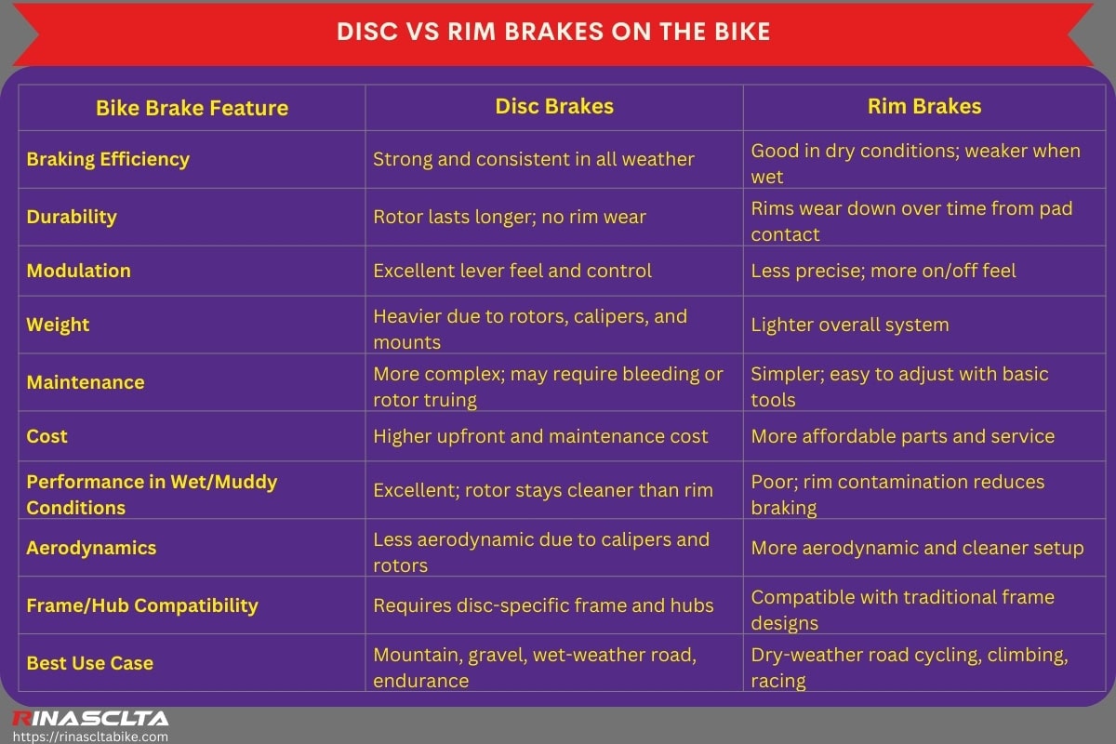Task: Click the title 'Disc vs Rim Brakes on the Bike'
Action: pyautogui.click(x=553, y=32)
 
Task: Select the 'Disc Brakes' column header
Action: pyautogui.click(x=554, y=106)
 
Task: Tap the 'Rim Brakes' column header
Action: pyautogui.click(x=923, y=106)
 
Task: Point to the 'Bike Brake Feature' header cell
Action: pyautogui.click(x=192, y=108)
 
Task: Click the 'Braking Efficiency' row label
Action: pyautogui.click(x=108, y=159)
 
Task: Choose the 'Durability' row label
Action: pyautogui.click(x=72, y=217)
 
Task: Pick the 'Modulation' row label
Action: pyautogui.click(x=78, y=271)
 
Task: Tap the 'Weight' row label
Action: pyautogui.click(x=58, y=325)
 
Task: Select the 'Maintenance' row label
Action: pyautogui.click(x=86, y=382)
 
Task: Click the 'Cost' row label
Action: pyautogui.click(x=47, y=436)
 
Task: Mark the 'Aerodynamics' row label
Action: pyautogui.click(x=91, y=548)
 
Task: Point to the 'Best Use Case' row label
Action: pyautogui.click(x=90, y=663)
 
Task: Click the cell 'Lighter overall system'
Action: pyautogui.click(x=850, y=325)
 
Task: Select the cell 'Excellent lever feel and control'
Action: pyautogui.click(x=512, y=271)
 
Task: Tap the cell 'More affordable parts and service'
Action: pyautogui.click(x=902, y=436)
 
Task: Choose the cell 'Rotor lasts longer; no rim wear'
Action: pyautogui.click(x=510, y=217)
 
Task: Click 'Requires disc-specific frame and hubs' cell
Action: pyautogui.click(x=543, y=605)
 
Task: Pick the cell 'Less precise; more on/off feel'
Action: pyautogui.click(x=883, y=271)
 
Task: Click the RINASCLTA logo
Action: pyautogui.click(x=89, y=718)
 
